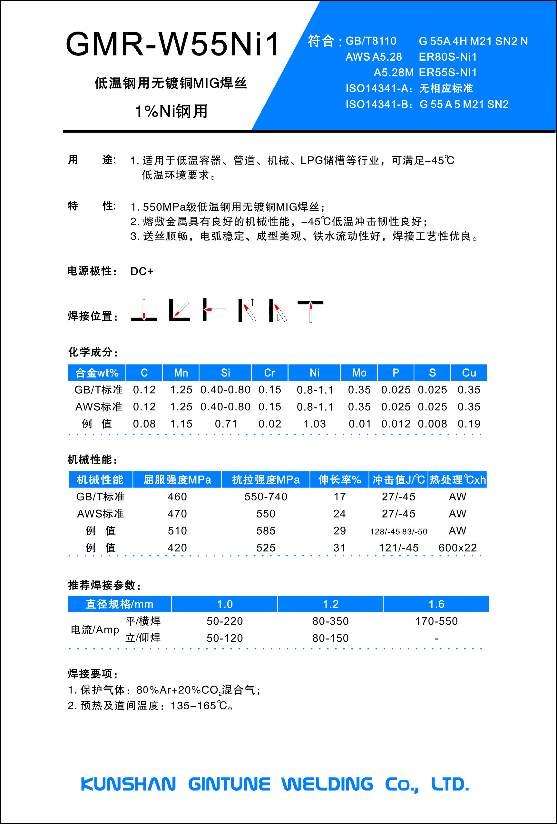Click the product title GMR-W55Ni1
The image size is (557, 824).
coord(172,44)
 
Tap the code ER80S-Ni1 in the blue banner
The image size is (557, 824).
coord(447,57)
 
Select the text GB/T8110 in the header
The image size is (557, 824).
coord(371,41)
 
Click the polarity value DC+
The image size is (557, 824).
coord(142,271)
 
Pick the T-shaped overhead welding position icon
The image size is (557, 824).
coord(310,311)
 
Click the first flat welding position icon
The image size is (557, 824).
coord(144,310)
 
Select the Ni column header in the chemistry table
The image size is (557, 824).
coord(314,373)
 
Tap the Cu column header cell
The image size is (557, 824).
coord(468,373)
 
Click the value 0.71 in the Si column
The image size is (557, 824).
coord(225,424)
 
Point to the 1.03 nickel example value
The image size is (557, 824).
coord(314,424)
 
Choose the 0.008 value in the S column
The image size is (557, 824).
coord(432,424)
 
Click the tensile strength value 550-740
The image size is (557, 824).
coord(266,497)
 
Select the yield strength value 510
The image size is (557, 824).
coord(177,531)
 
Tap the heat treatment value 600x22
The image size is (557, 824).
coord(457,548)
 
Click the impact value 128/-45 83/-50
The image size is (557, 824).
coord(399,531)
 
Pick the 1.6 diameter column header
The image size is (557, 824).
coord(436,604)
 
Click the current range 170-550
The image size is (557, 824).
coord(436,621)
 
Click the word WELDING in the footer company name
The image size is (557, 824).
coord(327,784)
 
